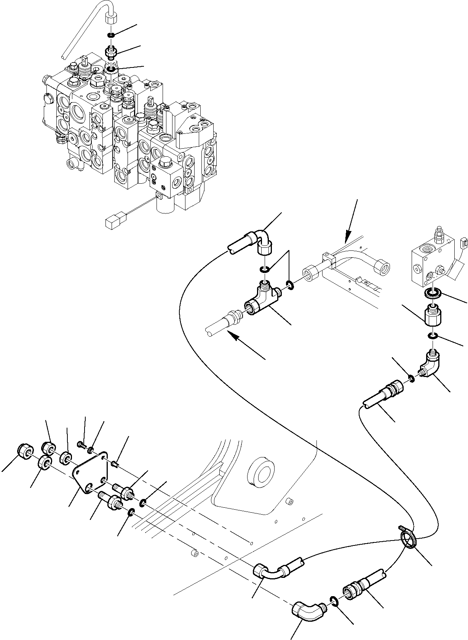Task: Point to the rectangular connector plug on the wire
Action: pyautogui.click(x=113, y=222)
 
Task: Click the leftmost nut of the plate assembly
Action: pyautogui.click(x=25, y=452)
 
